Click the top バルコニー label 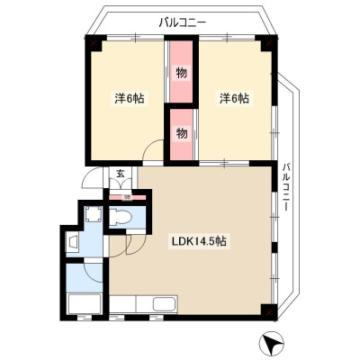pos(183,22)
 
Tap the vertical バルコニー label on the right pos(287,186)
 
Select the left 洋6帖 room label pos(130,99)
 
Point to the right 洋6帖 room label pos(234,99)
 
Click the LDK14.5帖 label pos(199,242)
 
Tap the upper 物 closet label pos(181,73)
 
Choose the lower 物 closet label pos(181,133)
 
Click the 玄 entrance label pos(121,174)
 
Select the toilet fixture pos(120,217)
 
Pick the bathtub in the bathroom pos(85,303)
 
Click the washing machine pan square pos(93,214)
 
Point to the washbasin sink pos(73,242)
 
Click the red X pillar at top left pos(94,42)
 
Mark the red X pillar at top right pos(269,42)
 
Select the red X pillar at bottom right pos(269,312)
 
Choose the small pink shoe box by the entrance pos(127,197)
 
